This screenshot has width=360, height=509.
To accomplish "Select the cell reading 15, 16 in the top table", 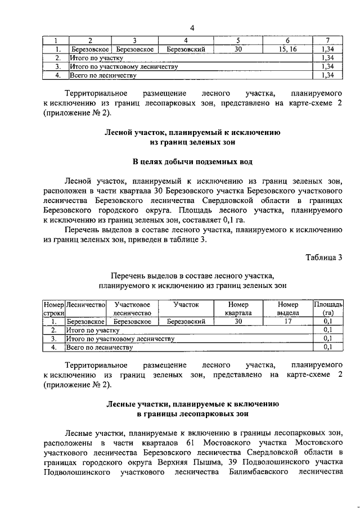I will pyautogui.click(x=287, y=49).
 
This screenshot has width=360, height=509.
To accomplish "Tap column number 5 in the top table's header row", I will pyautogui.click(x=238, y=41).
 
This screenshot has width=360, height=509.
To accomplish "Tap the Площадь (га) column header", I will pyautogui.click(x=328, y=308).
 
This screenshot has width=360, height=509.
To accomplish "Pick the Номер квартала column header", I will pyautogui.click(x=238, y=308).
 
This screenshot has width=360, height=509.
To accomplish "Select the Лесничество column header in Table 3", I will pyautogui.click(x=86, y=304).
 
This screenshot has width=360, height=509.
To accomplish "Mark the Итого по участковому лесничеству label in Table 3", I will pyautogui.click(x=120, y=339).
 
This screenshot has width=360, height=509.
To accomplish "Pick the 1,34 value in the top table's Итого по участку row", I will pyautogui.click(x=326, y=58).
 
